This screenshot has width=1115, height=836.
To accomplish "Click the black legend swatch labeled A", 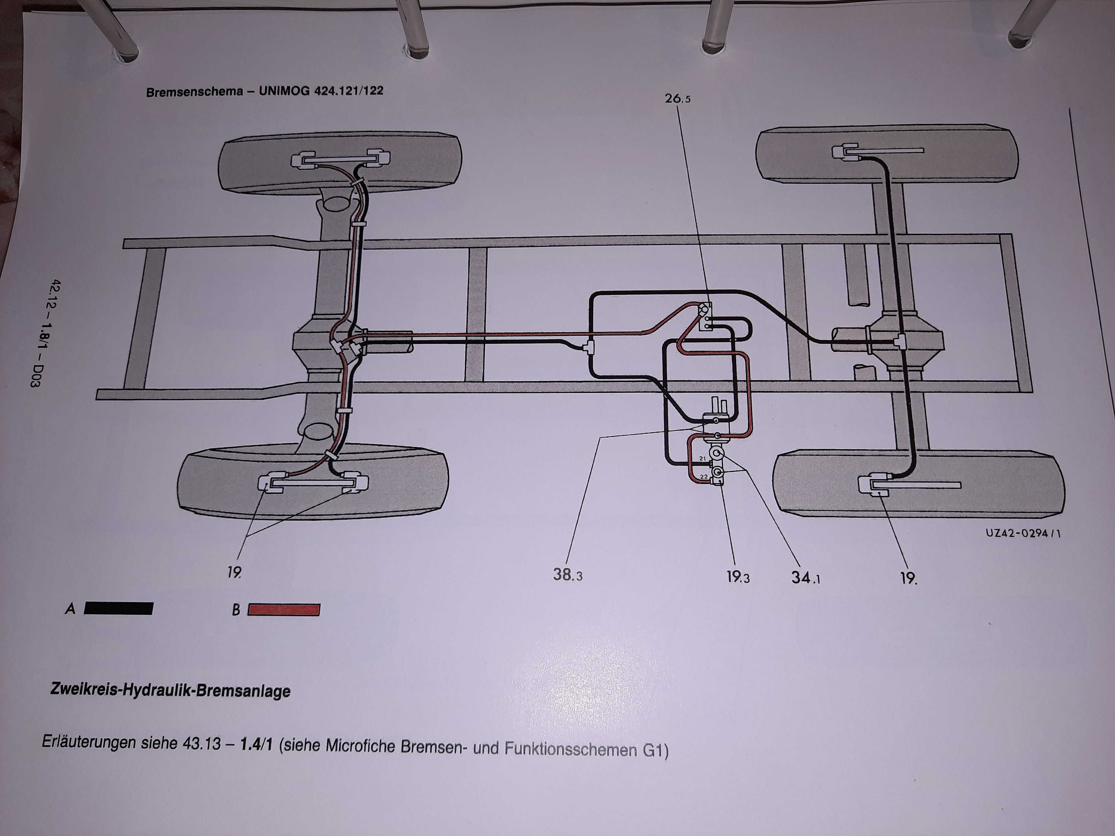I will pyautogui.click(x=118, y=608).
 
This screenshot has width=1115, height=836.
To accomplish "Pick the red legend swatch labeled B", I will pyautogui.click(x=283, y=610).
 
